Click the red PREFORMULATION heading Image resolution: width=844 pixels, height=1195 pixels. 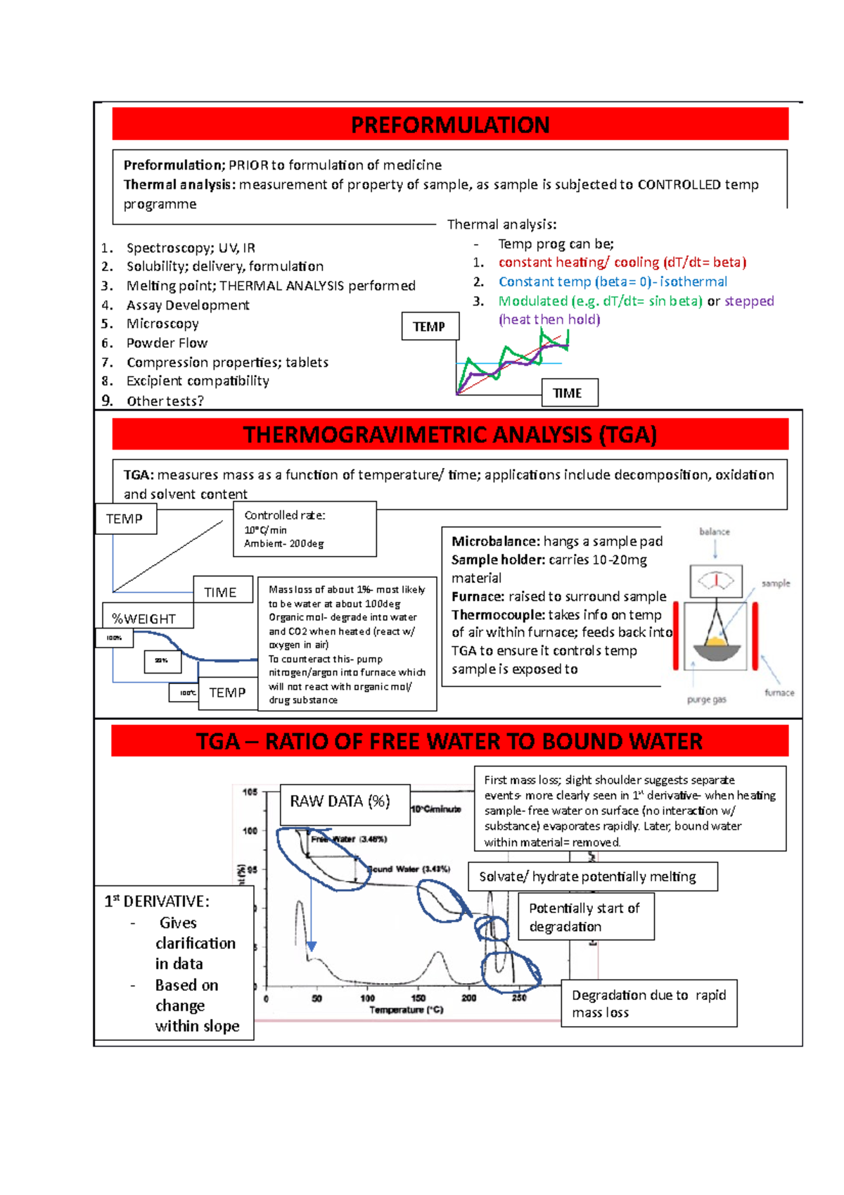pos(450,125)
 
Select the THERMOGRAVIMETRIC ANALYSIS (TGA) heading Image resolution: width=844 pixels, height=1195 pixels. pos(450,434)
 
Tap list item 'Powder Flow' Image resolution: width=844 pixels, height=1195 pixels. pos(167,343)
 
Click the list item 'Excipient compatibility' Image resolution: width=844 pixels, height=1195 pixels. pos(198,381)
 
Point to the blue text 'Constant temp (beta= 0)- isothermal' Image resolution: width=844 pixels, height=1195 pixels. pos(613,282)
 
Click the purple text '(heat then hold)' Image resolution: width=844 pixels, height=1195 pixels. pos(549,320)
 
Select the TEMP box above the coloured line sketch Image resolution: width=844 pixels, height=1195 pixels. pos(429,327)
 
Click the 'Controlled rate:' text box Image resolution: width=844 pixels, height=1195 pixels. pos(305,529)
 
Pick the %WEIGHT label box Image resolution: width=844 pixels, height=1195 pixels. pos(147,617)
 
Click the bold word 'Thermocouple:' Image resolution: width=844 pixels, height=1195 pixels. pos(498,614)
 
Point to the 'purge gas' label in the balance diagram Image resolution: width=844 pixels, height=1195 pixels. pos(706,700)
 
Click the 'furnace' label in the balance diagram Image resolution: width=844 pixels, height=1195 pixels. pos(779,693)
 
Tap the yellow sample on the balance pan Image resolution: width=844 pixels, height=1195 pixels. pos(715,641)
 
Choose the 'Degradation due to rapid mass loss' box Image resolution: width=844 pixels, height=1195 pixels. pos(648,1003)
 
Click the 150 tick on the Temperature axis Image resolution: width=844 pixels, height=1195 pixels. pos(418,998)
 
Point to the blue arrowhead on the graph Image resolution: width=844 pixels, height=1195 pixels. pos(312,947)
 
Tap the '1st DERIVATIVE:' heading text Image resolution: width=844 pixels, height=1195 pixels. pos(157,901)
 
